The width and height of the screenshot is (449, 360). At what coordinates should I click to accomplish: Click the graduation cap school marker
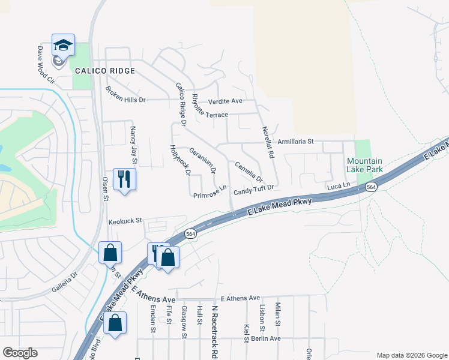coord(63,45)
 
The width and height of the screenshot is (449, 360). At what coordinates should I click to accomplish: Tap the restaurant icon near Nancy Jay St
coord(124,179)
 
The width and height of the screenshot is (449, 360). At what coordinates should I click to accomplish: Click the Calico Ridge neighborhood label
coord(105,71)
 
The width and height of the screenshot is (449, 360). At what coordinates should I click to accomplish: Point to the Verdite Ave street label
coord(225,101)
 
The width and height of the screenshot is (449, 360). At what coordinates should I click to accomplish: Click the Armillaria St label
coord(296,142)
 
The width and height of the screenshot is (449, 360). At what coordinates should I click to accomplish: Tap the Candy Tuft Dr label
coord(253,190)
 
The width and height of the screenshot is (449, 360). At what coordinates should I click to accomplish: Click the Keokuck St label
coord(124,221)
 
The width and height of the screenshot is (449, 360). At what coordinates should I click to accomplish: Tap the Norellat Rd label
coord(267,142)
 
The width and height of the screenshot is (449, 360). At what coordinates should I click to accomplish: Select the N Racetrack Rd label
coord(214,323)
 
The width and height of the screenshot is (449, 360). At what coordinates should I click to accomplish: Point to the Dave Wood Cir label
coord(46,65)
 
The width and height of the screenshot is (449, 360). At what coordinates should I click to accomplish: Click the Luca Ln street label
coord(338,187)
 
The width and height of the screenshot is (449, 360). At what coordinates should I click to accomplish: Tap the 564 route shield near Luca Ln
coord(372,188)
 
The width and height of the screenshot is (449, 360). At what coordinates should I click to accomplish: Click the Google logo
coord(20,353)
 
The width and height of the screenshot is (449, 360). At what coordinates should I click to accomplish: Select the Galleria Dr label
coord(64,282)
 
